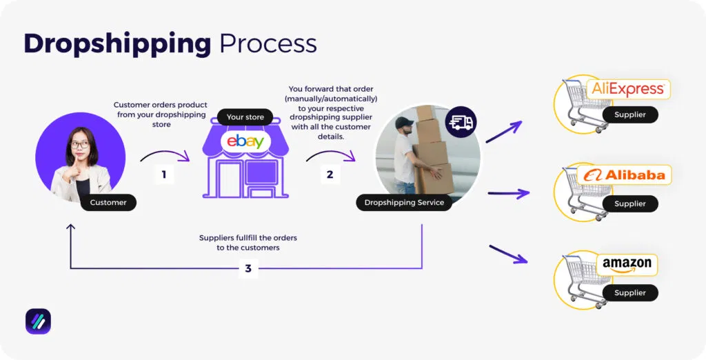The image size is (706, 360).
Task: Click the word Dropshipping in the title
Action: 117,44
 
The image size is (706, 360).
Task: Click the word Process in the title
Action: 268,44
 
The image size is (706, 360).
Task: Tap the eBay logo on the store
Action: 245,143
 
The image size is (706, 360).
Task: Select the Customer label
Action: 108,202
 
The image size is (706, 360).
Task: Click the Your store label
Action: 245,117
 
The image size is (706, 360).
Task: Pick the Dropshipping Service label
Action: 404,202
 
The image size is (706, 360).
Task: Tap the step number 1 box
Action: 164,174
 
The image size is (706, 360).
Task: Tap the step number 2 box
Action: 330,174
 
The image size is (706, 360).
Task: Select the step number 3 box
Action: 249,268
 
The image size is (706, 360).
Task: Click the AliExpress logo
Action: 629,89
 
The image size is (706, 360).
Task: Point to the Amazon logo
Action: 626,264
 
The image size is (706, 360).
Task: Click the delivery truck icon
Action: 461,123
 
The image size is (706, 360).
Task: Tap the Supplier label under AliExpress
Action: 629,114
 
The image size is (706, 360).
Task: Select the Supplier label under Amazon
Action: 629,292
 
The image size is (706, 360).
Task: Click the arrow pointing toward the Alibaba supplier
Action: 508,194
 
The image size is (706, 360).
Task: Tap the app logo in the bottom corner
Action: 38,321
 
